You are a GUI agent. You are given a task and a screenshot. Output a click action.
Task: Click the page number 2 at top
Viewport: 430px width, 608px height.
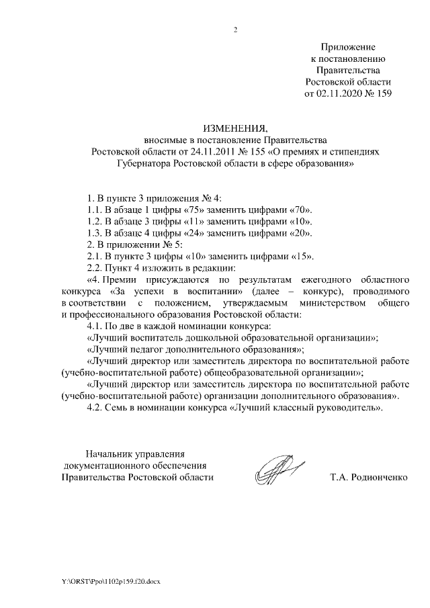coord(234,30)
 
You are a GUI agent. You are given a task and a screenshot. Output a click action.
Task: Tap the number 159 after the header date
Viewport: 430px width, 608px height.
coord(383,93)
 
